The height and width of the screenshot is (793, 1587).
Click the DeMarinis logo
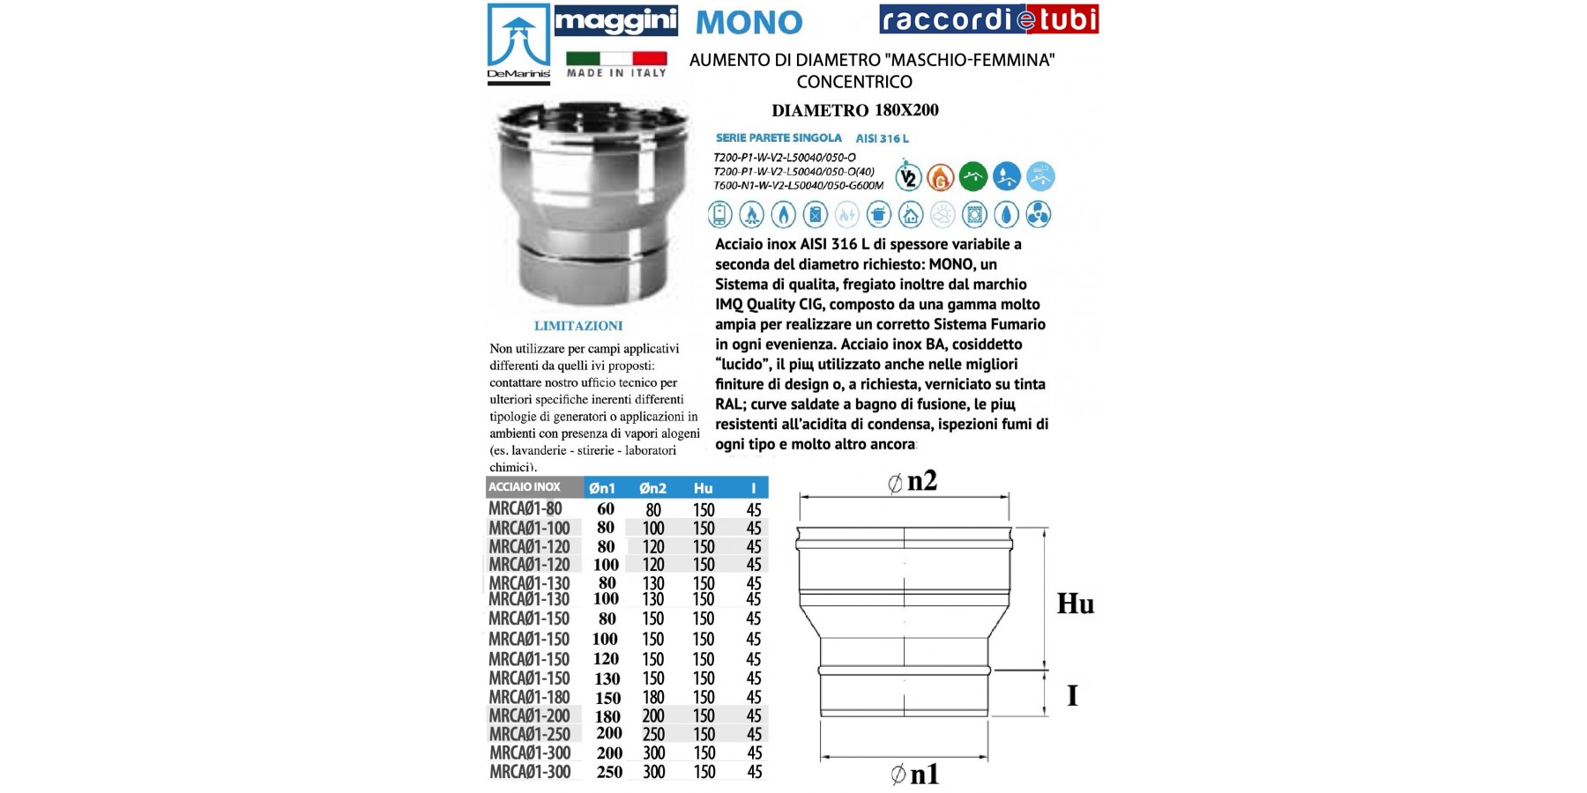518,44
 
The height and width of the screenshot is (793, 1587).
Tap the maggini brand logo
615,21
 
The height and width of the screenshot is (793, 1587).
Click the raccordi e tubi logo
988,19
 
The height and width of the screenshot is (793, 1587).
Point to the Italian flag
615,59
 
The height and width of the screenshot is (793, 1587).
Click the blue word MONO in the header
749,22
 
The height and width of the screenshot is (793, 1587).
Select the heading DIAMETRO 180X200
854,110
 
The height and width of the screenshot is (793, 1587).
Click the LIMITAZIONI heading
578,326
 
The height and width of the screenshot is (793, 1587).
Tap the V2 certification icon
908,177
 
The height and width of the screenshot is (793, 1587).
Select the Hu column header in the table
703,488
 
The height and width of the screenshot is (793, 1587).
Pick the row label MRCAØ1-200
529,715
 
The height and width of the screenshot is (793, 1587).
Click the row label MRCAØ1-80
525,508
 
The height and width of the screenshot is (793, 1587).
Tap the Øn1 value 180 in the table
607,716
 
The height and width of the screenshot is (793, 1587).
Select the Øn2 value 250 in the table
653,734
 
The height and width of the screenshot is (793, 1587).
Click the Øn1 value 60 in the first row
606,508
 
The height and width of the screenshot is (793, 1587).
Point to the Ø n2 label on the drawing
913,481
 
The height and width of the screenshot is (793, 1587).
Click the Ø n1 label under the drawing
914,774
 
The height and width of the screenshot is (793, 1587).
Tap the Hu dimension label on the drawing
1075,604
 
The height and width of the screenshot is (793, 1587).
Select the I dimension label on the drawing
1072,695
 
